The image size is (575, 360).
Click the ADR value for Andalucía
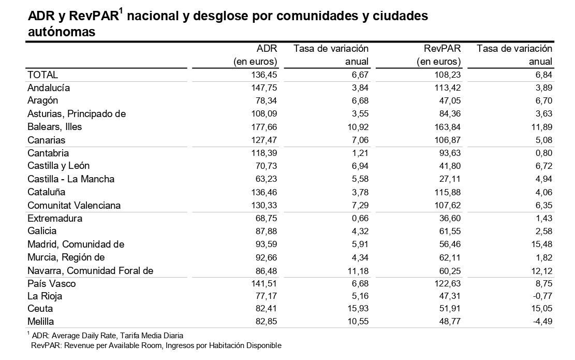[264, 88]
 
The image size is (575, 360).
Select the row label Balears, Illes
[54, 126]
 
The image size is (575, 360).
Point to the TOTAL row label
[42, 75]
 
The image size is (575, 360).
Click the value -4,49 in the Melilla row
[539, 321]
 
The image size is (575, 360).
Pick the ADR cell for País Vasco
[264, 283]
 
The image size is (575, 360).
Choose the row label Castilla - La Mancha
[71, 179]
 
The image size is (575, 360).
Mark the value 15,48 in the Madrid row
[539, 244]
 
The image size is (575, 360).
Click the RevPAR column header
[441, 49]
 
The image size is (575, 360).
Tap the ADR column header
[267, 49]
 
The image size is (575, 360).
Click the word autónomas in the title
[62, 32]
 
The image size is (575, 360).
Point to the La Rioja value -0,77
[539, 296]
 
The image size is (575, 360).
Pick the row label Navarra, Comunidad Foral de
[90, 270]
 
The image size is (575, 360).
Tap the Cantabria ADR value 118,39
[264, 153]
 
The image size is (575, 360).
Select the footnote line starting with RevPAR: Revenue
[156, 345]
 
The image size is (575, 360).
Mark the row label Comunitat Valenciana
[74, 205]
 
